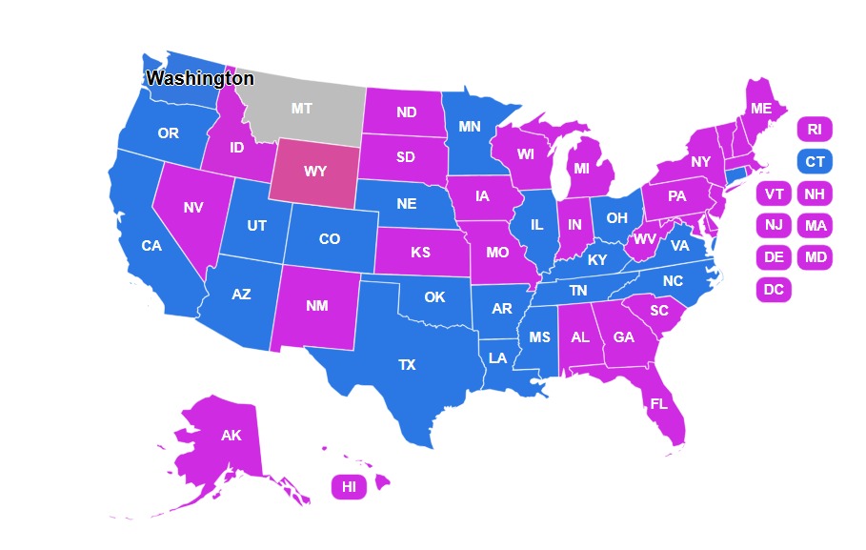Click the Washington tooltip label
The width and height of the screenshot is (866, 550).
(200, 78)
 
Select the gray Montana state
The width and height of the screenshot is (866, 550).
(301, 109)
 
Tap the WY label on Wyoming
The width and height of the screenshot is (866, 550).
(315, 173)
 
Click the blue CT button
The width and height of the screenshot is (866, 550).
(815, 162)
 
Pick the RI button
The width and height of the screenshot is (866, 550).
(815, 130)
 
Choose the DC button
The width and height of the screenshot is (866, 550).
(774, 290)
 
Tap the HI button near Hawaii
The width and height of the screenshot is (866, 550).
(349, 487)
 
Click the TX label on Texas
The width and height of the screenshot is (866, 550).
(407, 364)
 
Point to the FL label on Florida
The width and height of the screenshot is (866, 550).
(658, 403)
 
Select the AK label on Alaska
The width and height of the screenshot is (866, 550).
(231, 436)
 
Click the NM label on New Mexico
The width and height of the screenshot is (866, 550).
(317, 307)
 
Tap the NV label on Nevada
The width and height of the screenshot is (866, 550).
(193, 207)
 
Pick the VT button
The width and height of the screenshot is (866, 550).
(774, 194)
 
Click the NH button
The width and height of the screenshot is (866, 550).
(815, 194)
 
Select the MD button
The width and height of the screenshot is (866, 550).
(815, 257)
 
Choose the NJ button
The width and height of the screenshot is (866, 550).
(774, 226)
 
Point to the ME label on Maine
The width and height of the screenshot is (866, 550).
(760, 109)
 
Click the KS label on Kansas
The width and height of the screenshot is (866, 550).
(420, 254)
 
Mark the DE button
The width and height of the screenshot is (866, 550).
(774, 257)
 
